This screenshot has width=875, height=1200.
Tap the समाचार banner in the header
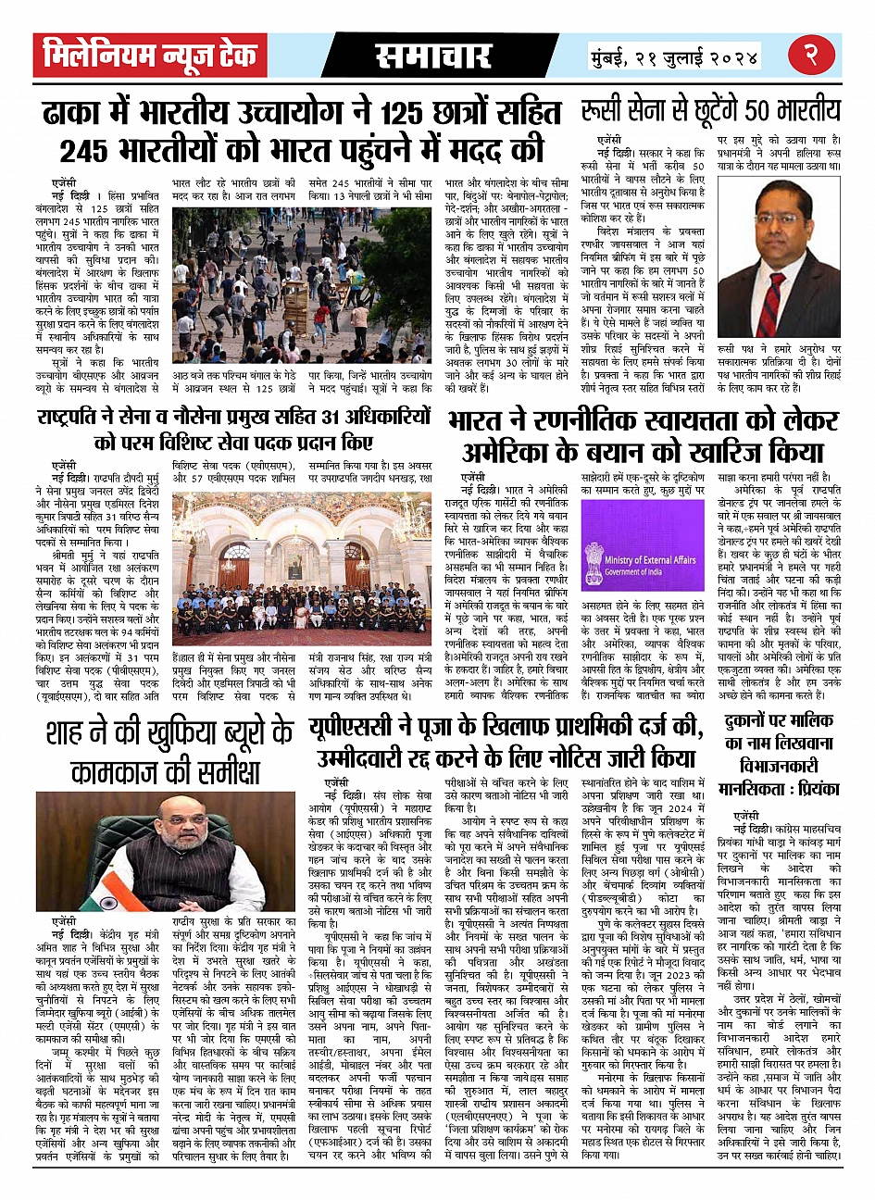[x=433, y=56]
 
